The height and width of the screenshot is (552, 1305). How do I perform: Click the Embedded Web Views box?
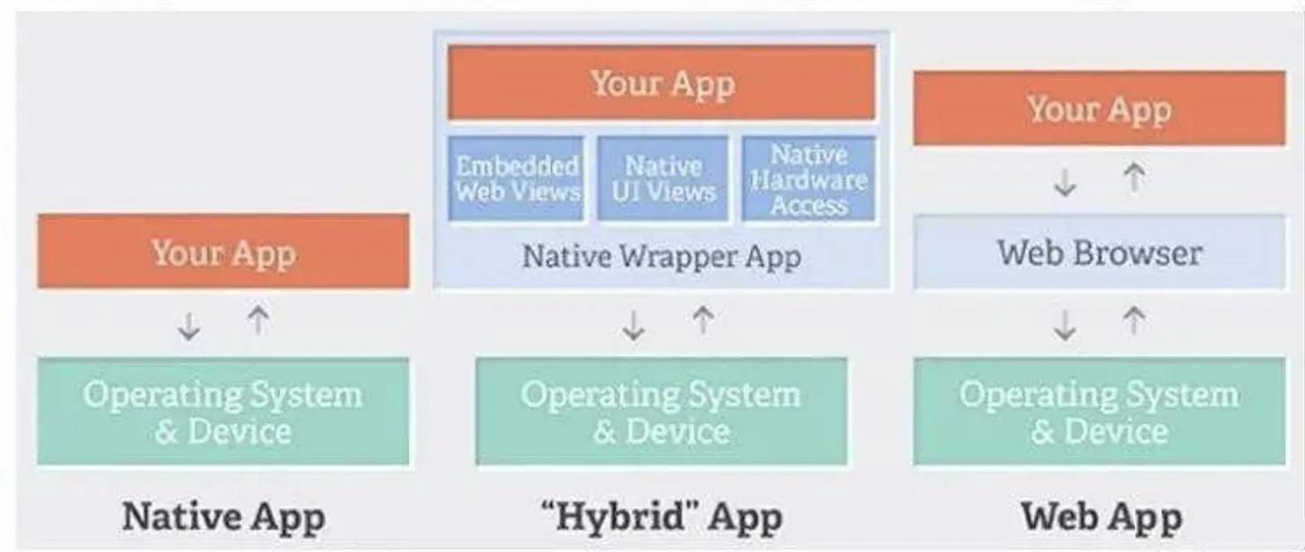pyautogui.click(x=515, y=179)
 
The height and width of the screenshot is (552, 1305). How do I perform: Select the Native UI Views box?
pyautogui.click(x=663, y=179)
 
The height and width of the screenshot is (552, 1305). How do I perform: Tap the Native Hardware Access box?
pyautogui.click(x=808, y=179)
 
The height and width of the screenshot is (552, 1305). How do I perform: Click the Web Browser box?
pyautogui.click(x=1100, y=252)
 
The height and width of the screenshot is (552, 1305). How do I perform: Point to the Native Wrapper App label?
pyautogui.click(x=661, y=257)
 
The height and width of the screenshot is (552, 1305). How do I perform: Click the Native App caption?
pyautogui.click(x=224, y=517)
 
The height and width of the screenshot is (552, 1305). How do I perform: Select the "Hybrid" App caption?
pyautogui.click(x=661, y=517)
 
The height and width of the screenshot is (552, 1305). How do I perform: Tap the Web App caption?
pyautogui.click(x=1101, y=517)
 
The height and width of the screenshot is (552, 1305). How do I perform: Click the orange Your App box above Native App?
pyautogui.click(x=224, y=251)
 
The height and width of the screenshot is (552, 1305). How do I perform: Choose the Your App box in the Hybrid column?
pyautogui.click(x=661, y=82)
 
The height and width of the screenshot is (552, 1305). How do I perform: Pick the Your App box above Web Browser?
pyautogui.click(x=1100, y=108)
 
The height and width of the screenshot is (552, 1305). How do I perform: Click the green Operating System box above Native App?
pyautogui.click(x=224, y=411)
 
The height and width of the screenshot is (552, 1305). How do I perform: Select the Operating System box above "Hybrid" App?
pyautogui.click(x=661, y=411)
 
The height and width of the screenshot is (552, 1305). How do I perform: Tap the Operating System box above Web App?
pyautogui.click(x=1100, y=411)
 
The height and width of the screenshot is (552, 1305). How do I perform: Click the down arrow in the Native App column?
pyautogui.click(x=189, y=326)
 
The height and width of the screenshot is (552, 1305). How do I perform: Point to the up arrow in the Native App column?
pyautogui.click(x=259, y=320)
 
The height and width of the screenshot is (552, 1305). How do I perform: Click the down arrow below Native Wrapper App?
pyautogui.click(x=633, y=326)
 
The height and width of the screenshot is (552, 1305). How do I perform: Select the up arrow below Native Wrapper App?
pyautogui.click(x=703, y=320)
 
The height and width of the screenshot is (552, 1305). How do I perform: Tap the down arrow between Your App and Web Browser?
pyautogui.click(x=1065, y=183)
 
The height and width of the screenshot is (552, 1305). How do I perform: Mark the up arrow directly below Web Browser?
pyautogui.click(x=1134, y=321)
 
